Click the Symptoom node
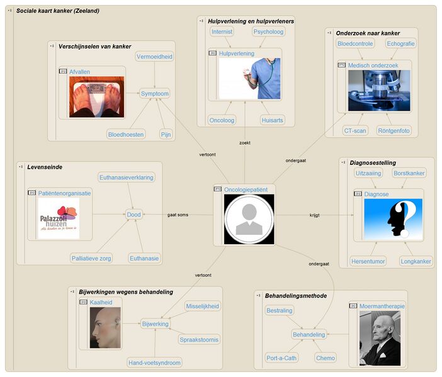pos(155,94)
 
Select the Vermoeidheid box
pos(154,57)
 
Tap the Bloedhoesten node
pos(126,134)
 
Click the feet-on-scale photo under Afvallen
pos(96,96)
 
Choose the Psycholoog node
pos(268,31)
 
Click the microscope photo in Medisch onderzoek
pos(378,91)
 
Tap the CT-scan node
pos(355,131)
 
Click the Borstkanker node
pos(409,172)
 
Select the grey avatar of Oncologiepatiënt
pos(250,219)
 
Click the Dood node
pos(134,215)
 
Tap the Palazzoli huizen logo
pos(59,218)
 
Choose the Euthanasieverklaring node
pos(126,177)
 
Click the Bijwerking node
pos(155,324)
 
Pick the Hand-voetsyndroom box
pos(154,363)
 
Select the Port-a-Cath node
pos(281,357)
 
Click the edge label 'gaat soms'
pos(178,215)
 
